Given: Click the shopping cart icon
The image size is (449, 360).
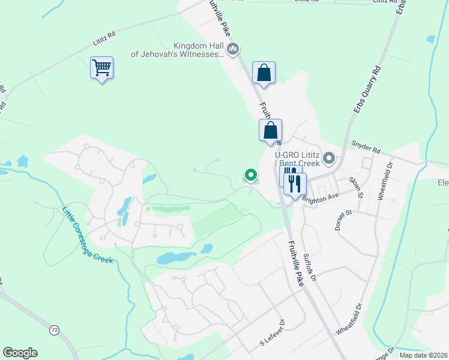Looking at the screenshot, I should pyautogui.click(x=102, y=67).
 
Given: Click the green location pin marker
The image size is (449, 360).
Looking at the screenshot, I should pyautogui.click(x=251, y=175).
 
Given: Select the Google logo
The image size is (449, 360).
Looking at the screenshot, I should pyautogui.click(x=20, y=353).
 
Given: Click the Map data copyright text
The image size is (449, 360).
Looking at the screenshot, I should pyautogui.click(x=423, y=355).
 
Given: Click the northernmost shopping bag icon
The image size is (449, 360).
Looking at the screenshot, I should pyautogui.click(x=264, y=73).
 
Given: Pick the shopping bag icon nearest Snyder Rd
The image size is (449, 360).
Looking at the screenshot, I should pyautogui.click(x=271, y=130).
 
